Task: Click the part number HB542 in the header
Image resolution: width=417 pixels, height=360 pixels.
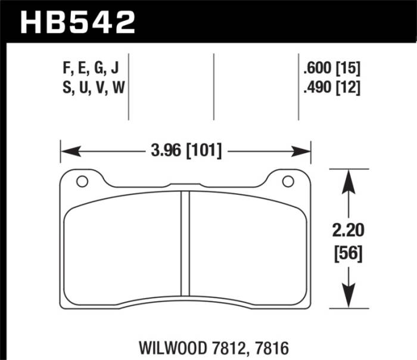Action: (78, 23)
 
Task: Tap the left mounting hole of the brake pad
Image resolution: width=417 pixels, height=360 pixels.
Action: (82, 181)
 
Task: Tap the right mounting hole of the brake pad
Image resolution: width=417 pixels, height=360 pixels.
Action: (287, 181)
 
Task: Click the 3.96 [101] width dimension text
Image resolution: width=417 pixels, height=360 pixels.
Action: (185, 151)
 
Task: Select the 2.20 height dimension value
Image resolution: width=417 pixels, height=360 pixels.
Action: (346, 231)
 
